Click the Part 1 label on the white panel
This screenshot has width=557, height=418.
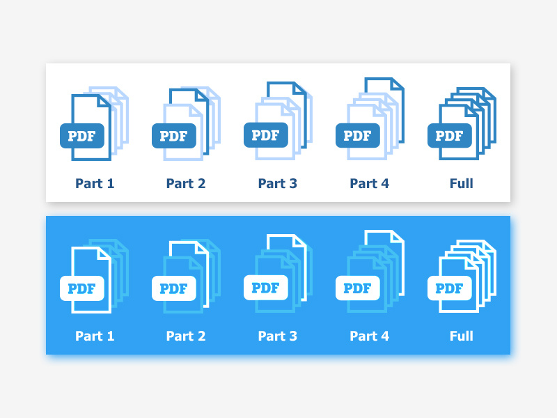pyautogui.click(x=95, y=184)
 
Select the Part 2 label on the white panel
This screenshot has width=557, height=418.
pyautogui.click(x=186, y=184)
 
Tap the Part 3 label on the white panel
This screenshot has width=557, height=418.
pyautogui.click(x=277, y=184)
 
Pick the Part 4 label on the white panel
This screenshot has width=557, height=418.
pyautogui.click(x=369, y=184)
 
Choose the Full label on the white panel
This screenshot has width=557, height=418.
pyautogui.click(x=461, y=184)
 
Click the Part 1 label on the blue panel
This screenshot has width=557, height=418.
pyautogui.click(x=95, y=336)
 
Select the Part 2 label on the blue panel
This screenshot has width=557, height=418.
pyautogui.click(x=186, y=336)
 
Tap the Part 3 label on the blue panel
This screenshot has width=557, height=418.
pyautogui.click(x=277, y=336)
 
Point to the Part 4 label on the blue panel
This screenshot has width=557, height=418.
pyautogui.click(x=369, y=336)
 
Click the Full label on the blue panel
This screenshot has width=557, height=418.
pyautogui.click(x=461, y=336)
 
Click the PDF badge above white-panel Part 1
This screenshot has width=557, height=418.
pyautogui.click(x=82, y=136)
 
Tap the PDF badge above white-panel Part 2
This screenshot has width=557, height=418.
pyautogui.click(x=174, y=136)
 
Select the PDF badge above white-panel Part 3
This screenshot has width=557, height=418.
pyautogui.click(x=266, y=134)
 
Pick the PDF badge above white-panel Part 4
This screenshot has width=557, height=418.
pyautogui.click(x=358, y=136)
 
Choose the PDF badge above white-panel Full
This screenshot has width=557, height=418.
pyautogui.click(x=450, y=136)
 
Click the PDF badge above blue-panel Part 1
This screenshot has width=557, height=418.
pyautogui.click(x=82, y=288)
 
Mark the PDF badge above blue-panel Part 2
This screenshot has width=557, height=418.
pyautogui.click(x=174, y=288)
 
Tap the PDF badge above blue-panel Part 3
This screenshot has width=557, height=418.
pyautogui.click(x=266, y=287)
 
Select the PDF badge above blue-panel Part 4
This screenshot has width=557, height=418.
pyautogui.click(x=358, y=288)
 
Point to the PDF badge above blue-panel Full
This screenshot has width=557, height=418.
pyautogui.click(x=450, y=288)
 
